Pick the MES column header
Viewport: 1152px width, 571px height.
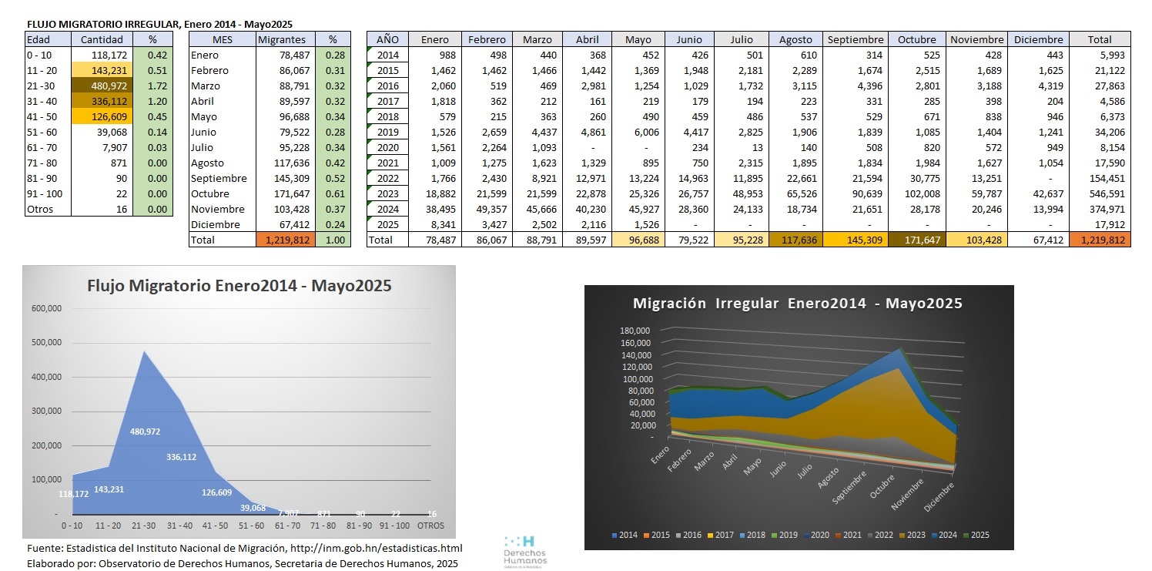click(x=222, y=39)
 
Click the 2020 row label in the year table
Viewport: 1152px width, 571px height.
click(x=388, y=147)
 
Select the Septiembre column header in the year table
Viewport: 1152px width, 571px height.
click(x=855, y=39)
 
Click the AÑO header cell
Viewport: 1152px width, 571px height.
click(x=388, y=39)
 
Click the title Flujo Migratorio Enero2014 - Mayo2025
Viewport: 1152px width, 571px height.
click(x=239, y=286)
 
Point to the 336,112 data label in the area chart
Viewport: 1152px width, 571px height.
click(x=181, y=457)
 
